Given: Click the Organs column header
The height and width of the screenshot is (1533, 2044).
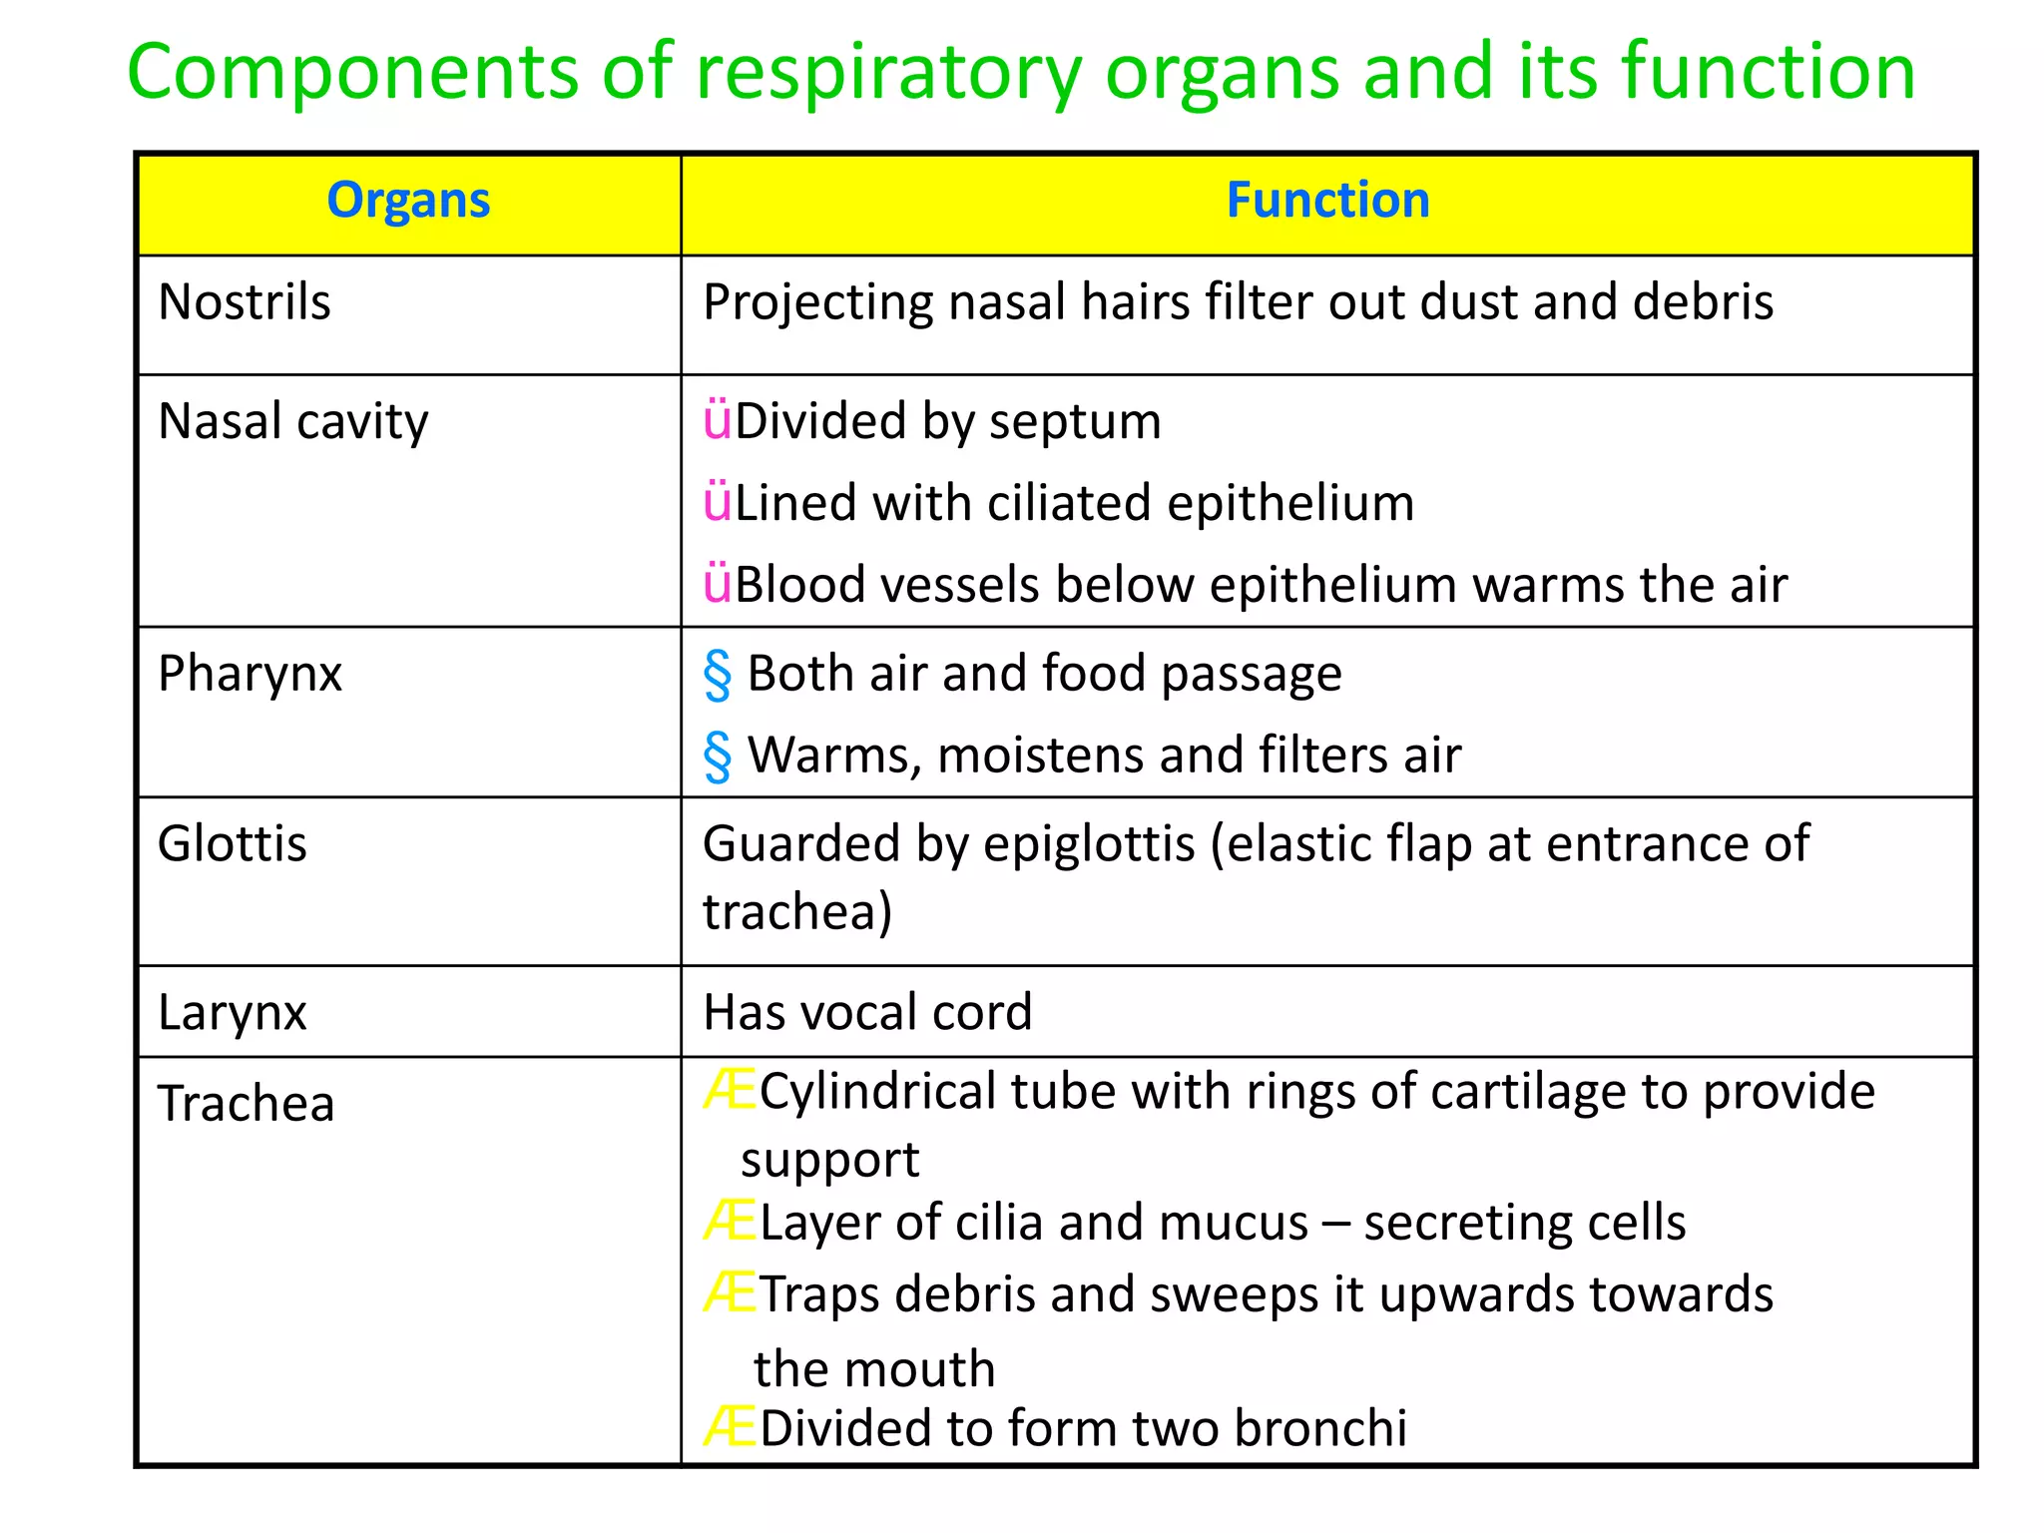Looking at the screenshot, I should point(408,201).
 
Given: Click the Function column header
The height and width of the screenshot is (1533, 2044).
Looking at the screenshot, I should point(1327,201).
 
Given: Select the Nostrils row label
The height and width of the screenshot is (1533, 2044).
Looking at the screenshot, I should point(245,302).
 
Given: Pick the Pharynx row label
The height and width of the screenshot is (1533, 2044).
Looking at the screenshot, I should point(250,674).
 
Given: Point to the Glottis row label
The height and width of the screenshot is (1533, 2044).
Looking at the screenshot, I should point(233,844).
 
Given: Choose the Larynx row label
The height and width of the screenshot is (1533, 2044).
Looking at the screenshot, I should point(232,1013).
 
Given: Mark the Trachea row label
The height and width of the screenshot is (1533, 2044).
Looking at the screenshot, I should point(247,1105).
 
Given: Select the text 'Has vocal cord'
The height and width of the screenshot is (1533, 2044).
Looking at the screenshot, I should point(867,1013).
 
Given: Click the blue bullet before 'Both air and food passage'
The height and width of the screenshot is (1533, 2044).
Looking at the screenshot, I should point(717,675).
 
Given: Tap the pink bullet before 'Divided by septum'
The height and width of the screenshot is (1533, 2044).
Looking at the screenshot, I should point(717,421).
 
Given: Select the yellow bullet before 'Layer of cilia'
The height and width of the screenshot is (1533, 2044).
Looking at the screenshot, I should point(729,1222).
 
